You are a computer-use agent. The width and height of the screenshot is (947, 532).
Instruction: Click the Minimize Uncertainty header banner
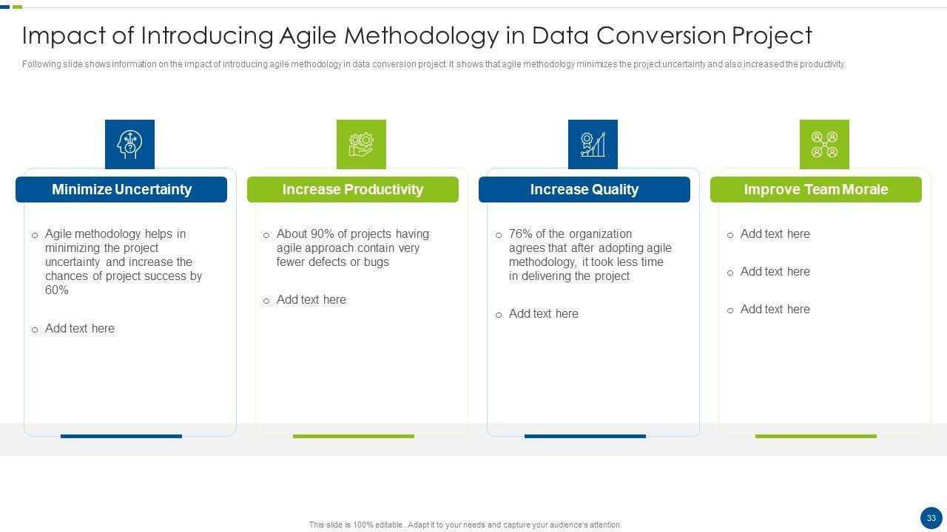pyautogui.click(x=121, y=189)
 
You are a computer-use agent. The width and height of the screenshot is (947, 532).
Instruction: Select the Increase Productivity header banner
pyautogui.click(x=353, y=189)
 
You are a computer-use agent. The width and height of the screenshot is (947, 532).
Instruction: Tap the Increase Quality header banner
pyautogui.click(x=584, y=189)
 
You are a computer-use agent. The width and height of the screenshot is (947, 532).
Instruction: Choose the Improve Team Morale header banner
pyautogui.click(x=816, y=189)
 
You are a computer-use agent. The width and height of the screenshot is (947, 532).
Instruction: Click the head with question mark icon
pyautogui.click(x=129, y=144)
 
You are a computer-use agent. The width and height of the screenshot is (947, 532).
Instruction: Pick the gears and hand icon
pyautogui.click(x=361, y=144)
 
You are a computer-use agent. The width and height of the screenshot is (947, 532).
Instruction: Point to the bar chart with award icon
pyautogui.click(x=593, y=144)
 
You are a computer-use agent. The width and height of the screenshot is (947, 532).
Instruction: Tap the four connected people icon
pyautogui.click(x=824, y=144)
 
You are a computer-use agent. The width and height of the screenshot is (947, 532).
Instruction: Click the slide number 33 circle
pyautogui.click(x=931, y=518)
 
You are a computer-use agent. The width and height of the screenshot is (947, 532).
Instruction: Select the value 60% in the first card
pyautogui.click(x=57, y=290)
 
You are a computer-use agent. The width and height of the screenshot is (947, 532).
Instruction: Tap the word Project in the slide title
pyautogui.click(x=772, y=35)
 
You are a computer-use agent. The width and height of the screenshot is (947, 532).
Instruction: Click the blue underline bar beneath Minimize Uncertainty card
pyautogui.click(x=121, y=436)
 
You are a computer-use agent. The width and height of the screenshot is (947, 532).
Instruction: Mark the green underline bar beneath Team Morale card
pyautogui.click(x=816, y=436)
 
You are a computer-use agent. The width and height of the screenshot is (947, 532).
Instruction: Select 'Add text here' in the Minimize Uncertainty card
pyautogui.click(x=79, y=329)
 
